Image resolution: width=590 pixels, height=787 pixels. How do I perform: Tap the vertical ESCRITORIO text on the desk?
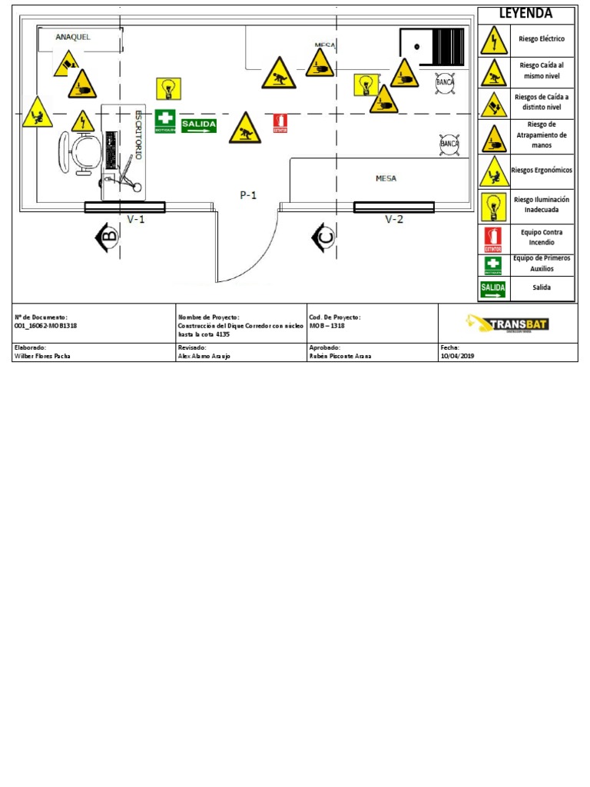[138, 134]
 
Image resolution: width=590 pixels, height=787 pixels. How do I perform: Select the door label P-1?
[247, 195]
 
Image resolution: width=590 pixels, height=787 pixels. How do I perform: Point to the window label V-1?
[136, 219]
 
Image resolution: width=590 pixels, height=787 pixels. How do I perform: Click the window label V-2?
[393, 219]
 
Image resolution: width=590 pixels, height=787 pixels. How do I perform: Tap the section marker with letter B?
[107, 237]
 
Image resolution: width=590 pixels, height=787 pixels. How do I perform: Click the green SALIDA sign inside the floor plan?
[199, 125]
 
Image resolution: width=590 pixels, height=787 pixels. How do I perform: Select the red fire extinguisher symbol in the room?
[280, 123]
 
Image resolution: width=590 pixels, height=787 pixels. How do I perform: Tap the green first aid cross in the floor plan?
[165, 121]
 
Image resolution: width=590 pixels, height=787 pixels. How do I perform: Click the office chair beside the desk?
[78, 152]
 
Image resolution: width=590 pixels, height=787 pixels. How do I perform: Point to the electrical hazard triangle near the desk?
[82, 121]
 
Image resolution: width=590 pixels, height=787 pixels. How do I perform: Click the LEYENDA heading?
[525, 14]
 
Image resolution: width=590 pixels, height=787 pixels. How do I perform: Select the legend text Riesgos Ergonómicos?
[542, 171]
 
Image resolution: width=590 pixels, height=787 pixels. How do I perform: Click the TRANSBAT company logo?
[508, 323]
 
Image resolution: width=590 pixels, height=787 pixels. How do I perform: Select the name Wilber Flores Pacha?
[43, 357]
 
